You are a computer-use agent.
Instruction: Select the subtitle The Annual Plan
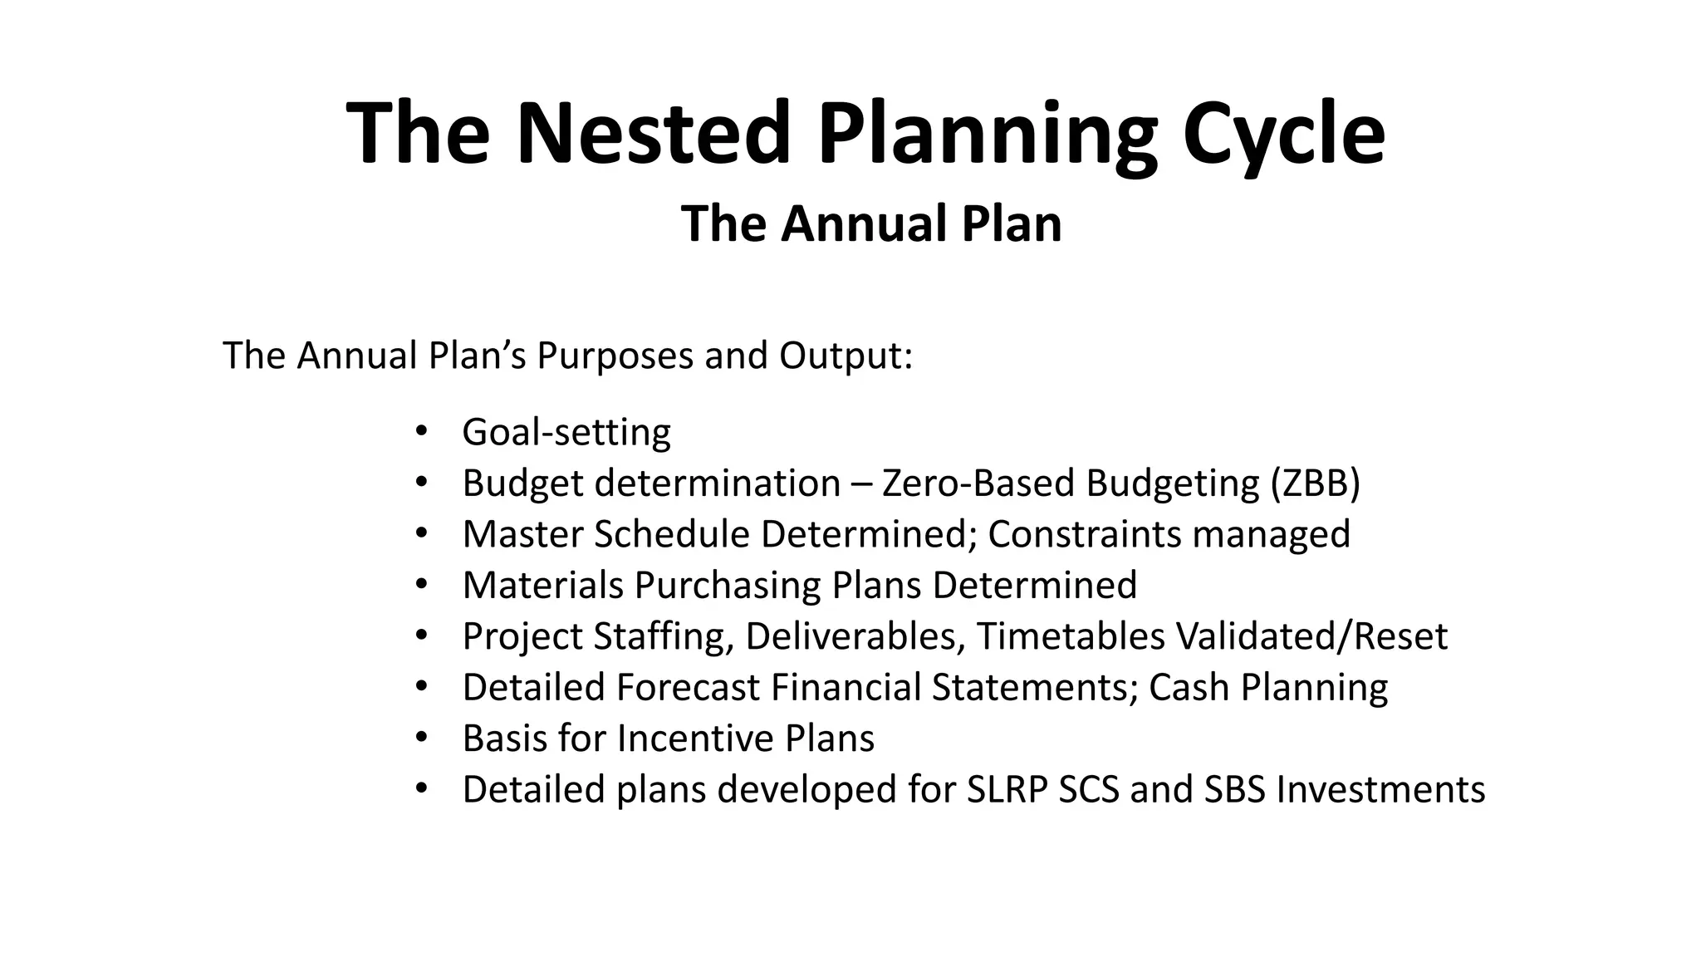tap(871, 223)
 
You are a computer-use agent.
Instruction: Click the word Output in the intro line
tap(845, 356)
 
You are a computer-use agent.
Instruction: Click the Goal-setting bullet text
tap(566, 432)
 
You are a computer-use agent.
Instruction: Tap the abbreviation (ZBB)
tap(1315, 483)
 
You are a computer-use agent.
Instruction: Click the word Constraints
tap(1073, 534)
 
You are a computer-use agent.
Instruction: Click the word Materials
tap(543, 585)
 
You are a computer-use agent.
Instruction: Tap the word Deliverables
tap(855, 636)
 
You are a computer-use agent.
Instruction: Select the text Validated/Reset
tap(1311, 636)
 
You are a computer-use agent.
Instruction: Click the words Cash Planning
tap(1267, 687)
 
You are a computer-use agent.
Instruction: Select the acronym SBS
tap(1234, 789)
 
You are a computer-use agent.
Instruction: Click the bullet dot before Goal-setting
tap(421, 431)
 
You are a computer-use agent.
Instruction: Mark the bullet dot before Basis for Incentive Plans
tap(421, 738)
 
